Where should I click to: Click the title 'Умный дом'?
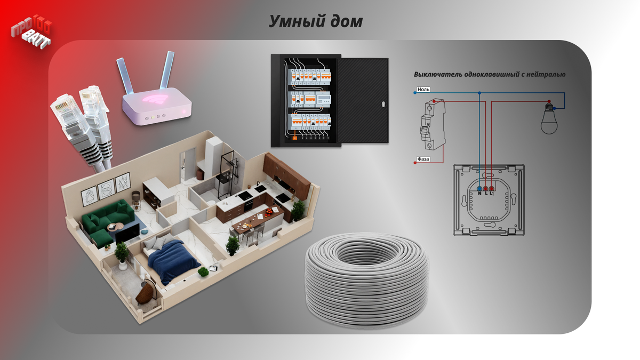pos(316,22)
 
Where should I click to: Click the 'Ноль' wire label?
pos(423,90)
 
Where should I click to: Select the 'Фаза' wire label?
pos(423,159)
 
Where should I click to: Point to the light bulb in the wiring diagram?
pos(549,119)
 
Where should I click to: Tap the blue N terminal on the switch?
pos(479,188)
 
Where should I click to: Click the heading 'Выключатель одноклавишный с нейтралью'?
pos(490,75)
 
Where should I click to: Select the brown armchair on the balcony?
pos(146,292)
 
